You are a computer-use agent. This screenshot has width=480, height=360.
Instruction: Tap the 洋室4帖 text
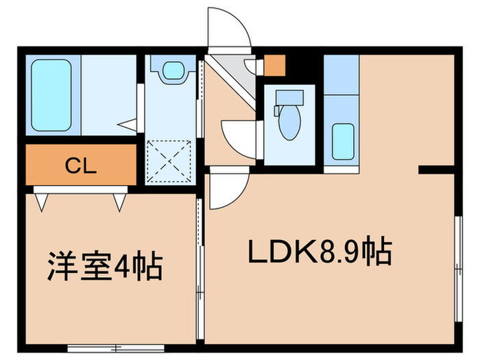pyautogui.click(x=104, y=267)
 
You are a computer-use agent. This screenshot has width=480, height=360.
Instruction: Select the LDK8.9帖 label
pyautogui.click(x=320, y=252)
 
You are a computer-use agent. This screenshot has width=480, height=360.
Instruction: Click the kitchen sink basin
pyautogui.click(x=343, y=141)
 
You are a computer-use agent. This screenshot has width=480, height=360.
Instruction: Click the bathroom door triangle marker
pyautogui.click(x=128, y=124)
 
